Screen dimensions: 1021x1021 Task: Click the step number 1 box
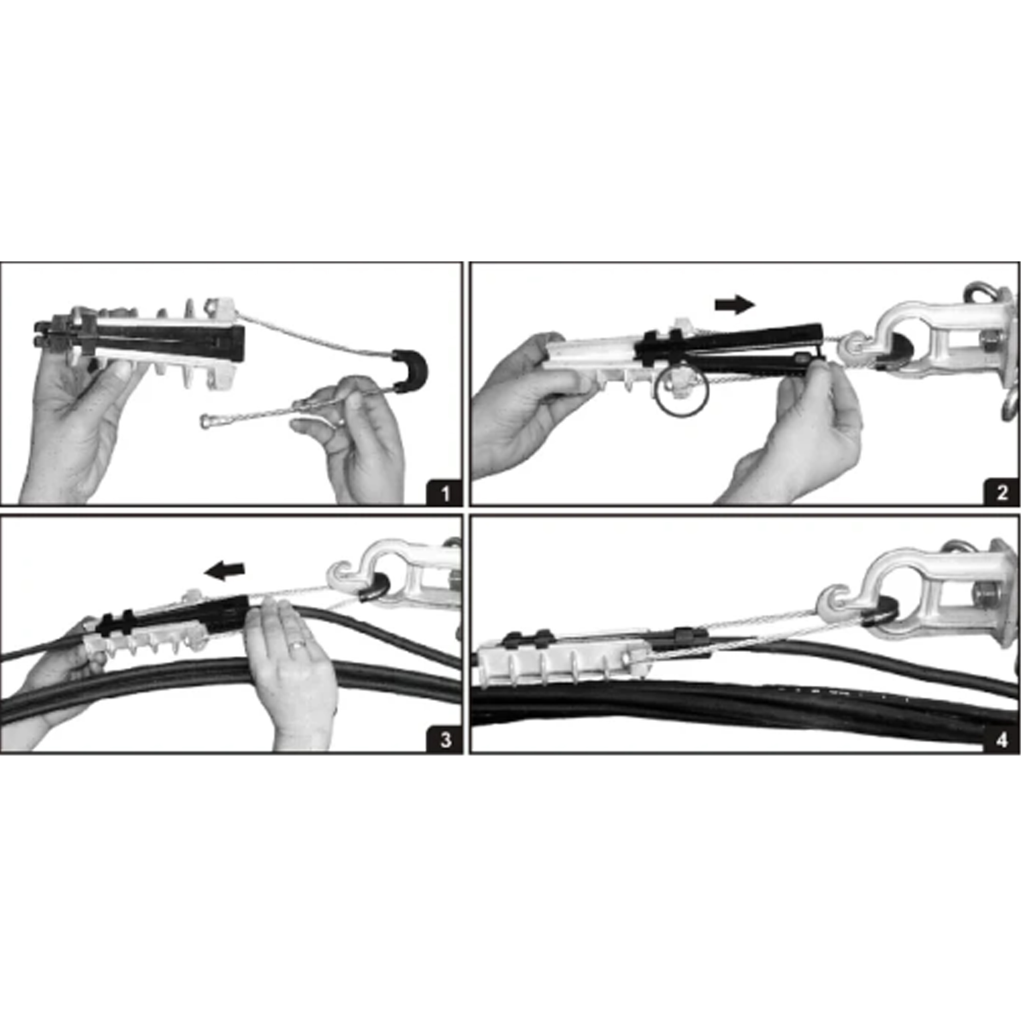tap(445, 494)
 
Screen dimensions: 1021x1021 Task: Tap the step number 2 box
tap(1002, 494)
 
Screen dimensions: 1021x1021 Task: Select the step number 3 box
tap(445, 740)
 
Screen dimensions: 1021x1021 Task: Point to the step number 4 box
tap(1002, 740)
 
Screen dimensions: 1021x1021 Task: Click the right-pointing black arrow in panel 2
tap(735, 305)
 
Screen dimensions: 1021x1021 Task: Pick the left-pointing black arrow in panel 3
tap(225, 570)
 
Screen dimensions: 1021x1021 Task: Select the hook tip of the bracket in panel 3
tap(335, 573)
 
